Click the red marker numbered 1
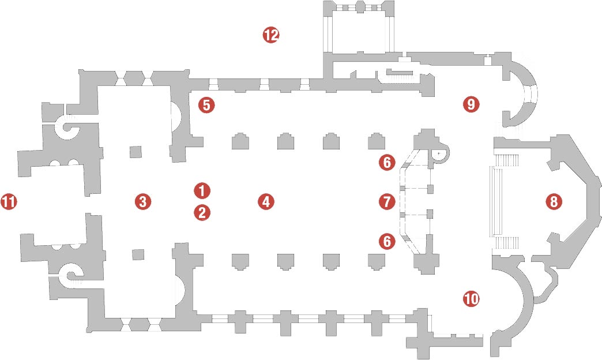[202, 190]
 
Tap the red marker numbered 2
[202, 212]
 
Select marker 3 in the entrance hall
[143, 201]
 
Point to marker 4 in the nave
[266, 201]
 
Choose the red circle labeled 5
[206, 105]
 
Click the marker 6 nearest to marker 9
[386, 162]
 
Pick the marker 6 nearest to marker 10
[386, 241]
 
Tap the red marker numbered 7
[386, 201]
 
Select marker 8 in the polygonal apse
[554, 201]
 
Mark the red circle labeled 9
[471, 104]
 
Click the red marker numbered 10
[471, 298]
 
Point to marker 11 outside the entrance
[9, 201]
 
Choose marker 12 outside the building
[270, 35]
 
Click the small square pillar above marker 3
[135, 151]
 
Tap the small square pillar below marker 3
[138, 255]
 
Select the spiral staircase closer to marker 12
[69, 127]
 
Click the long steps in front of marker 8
[496, 201]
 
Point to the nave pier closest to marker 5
[240, 141]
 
